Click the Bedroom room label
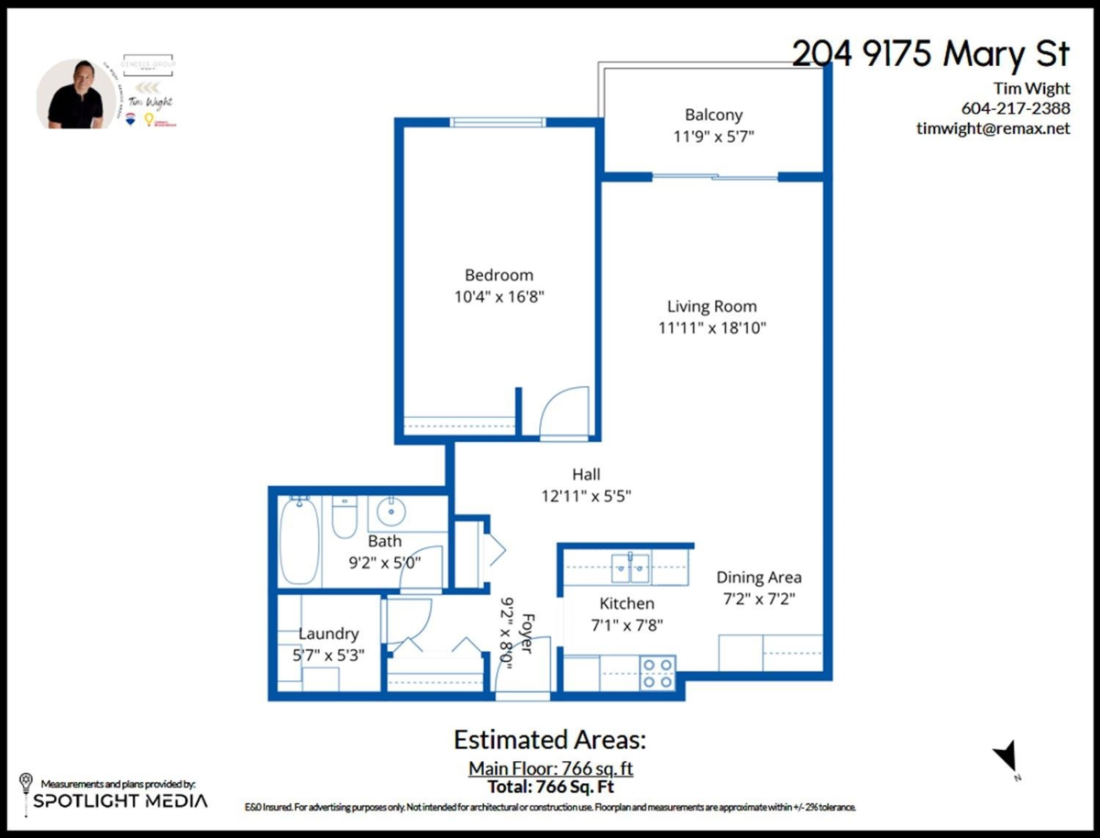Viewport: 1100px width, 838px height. click(x=499, y=275)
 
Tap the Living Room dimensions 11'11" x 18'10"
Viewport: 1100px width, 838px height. click(x=711, y=328)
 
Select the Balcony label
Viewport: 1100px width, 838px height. click(x=713, y=116)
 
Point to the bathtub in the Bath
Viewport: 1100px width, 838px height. click(x=299, y=540)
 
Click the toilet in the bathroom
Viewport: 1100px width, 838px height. click(x=344, y=518)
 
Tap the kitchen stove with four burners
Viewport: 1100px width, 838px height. click(x=657, y=672)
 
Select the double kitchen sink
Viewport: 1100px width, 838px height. click(x=630, y=568)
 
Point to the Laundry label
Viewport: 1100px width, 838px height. click(x=328, y=634)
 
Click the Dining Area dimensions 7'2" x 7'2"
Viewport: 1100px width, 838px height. click(x=757, y=600)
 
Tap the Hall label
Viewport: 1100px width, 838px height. click(x=586, y=474)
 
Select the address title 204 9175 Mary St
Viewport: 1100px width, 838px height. click(x=930, y=54)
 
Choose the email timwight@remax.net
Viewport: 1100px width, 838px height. click(x=993, y=128)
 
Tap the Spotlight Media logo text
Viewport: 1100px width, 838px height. click(x=120, y=800)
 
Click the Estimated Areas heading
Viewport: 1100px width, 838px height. click(x=550, y=740)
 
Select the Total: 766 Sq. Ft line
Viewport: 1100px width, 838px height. click(x=551, y=786)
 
